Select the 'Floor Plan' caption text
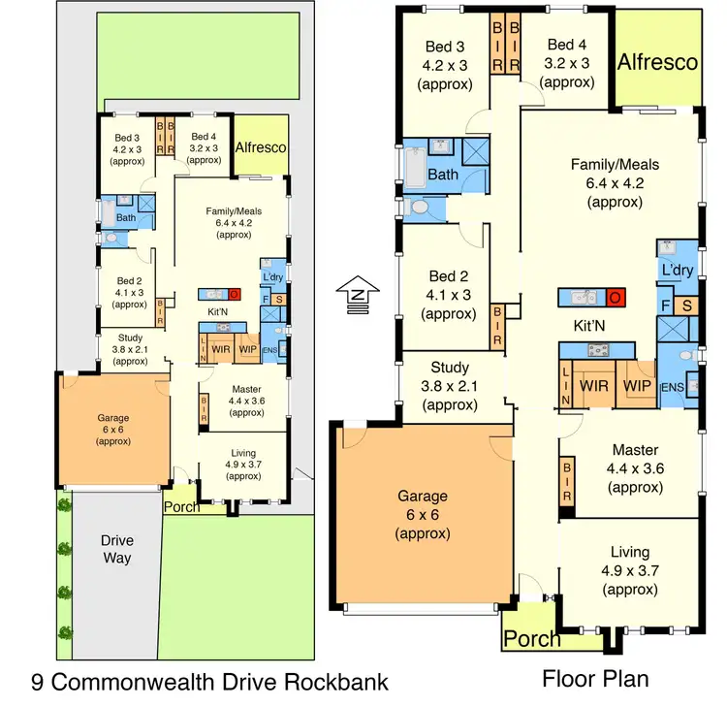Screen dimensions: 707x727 pyautogui.click(x=595, y=677)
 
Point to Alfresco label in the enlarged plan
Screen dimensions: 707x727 pyautogui.click(x=658, y=62)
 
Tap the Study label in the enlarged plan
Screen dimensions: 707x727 pyautogui.click(x=451, y=368)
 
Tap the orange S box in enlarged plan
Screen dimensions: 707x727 pyautogui.click(x=685, y=307)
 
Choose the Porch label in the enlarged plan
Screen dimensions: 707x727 pyautogui.click(x=533, y=638)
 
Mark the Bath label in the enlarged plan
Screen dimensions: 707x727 pyautogui.click(x=443, y=175)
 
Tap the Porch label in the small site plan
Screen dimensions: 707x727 pyautogui.click(x=181, y=506)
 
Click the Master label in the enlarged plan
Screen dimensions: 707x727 pyautogui.click(x=635, y=450)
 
